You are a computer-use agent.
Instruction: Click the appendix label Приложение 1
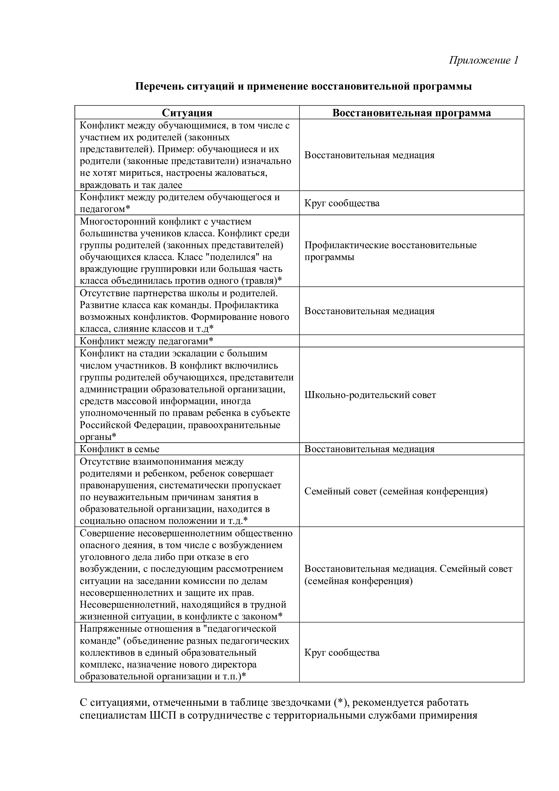pyautogui.click(x=483, y=60)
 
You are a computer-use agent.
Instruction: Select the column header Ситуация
pyautogui.click(x=187, y=113)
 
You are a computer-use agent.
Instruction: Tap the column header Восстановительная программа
pyautogui.click(x=411, y=113)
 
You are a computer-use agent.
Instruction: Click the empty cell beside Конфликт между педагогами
pyautogui.click(x=411, y=341)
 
